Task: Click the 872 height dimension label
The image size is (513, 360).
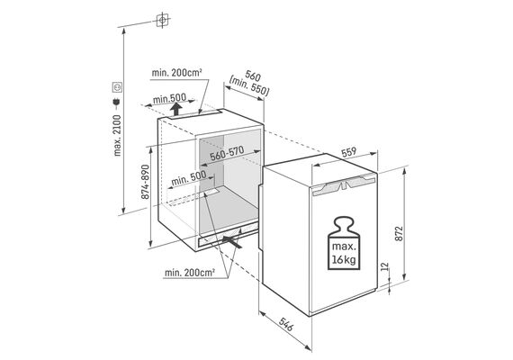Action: click(x=399, y=233)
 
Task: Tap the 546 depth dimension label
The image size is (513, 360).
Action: click(x=286, y=324)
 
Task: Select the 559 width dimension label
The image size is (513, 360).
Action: click(x=348, y=152)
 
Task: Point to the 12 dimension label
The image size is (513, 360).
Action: click(x=385, y=265)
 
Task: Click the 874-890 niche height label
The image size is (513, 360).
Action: click(x=145, y=182)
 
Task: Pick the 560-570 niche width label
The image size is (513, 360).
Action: click(x=227, y=153)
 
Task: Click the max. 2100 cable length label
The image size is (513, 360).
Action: click(x=117, y=135)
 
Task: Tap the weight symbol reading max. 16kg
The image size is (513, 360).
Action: click(x=344, y=243)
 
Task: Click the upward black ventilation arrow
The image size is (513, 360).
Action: click(x=176, y=109)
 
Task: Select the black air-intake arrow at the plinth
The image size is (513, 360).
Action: click(x=232, y=242)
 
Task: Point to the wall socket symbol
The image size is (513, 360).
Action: click(x=117, y=87)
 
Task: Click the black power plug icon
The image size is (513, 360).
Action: click(x=117, y=103)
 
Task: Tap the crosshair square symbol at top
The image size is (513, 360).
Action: click(x=162, y=21)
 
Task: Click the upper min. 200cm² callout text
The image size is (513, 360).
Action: click(x=176, y=73)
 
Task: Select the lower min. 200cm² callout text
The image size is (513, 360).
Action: click(x=190, y=273)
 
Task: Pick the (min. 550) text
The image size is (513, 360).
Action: click(x=249, y=87)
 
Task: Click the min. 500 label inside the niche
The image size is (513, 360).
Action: click(x=189, y=178)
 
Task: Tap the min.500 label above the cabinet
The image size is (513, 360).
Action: click(x=169, y=98)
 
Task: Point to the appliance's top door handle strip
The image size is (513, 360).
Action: click(x=344, y=185)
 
